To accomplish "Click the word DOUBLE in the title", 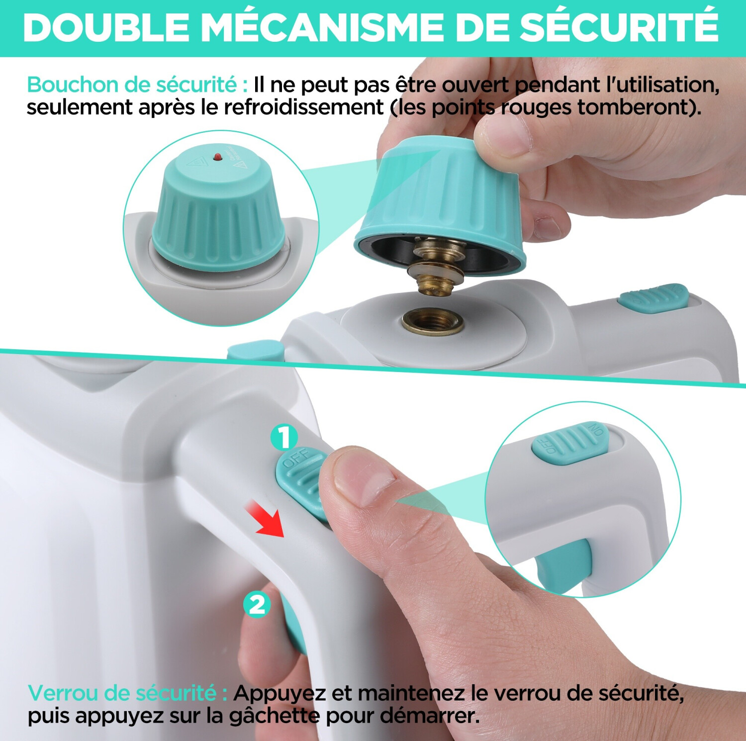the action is pyautogui.click(x=106, y=27).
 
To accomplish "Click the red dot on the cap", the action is pyautogui.click(x=217, y=157).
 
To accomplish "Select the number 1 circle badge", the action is pyautogui.click(x=284, y=438).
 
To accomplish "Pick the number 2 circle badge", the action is pyautogui.click(x=257, y=605).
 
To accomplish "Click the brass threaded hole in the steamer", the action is pyautogui.click(x=432, y=320).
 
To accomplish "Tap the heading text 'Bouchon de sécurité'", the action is pyautogui.click(x=132, y=85).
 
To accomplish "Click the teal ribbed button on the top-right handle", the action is pyautogui.click(x=653, y=298).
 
